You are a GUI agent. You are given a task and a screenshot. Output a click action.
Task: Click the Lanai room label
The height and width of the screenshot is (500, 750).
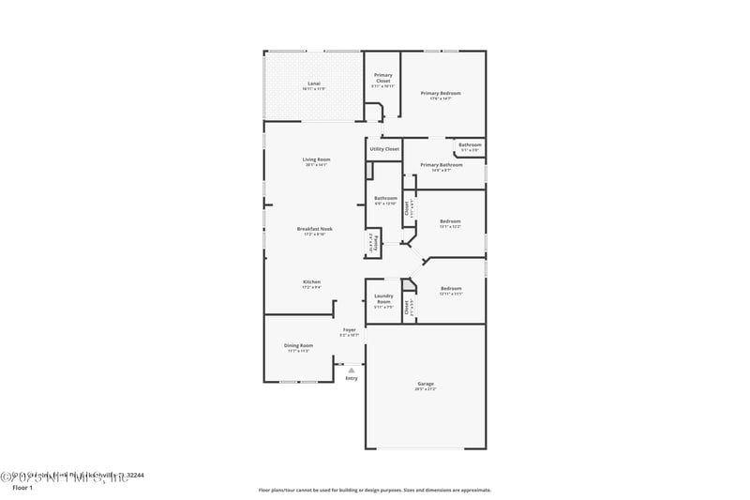coord(314,84)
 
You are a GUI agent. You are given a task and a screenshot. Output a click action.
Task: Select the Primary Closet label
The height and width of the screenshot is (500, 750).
coord(383,77)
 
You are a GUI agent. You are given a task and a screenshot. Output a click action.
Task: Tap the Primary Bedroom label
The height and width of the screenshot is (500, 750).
coord(441,94)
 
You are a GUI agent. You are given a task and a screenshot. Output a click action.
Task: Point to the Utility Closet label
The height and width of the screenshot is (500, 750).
coord(384,149)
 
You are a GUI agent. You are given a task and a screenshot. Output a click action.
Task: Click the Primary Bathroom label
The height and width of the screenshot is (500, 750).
coord(442,165)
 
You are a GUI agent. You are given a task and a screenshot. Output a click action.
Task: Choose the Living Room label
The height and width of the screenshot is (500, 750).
coord(317,159)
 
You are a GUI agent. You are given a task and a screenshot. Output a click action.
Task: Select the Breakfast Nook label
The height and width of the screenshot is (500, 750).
coord(315,229)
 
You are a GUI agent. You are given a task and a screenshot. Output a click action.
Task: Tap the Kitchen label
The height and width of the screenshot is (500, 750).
coord(312,282)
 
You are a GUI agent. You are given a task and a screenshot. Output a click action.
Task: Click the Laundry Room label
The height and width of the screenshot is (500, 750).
coord(383,299)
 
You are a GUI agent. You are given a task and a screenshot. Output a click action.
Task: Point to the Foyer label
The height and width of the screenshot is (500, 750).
coord(349,330)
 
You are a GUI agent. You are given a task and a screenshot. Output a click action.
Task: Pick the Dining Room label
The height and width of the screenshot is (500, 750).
coord(298,345)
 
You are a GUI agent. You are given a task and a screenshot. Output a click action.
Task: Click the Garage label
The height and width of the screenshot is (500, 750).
coord(426,384)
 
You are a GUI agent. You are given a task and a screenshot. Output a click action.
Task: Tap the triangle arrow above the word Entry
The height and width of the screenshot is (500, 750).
coord(352,371)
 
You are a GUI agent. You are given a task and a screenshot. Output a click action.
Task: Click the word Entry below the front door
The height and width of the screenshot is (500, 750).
coord(352,378)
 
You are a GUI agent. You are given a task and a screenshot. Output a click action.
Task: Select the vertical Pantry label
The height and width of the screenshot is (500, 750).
coord(373,243)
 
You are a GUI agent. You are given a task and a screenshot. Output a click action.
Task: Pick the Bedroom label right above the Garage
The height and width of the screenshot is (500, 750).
coord(451,288)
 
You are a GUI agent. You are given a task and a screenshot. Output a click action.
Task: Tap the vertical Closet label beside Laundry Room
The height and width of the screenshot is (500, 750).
coord(406,306)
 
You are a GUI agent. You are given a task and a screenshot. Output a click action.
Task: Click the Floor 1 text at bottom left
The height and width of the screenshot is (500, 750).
coord(22,488)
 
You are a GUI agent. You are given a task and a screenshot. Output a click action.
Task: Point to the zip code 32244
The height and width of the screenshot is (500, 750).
coord(134,476)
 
